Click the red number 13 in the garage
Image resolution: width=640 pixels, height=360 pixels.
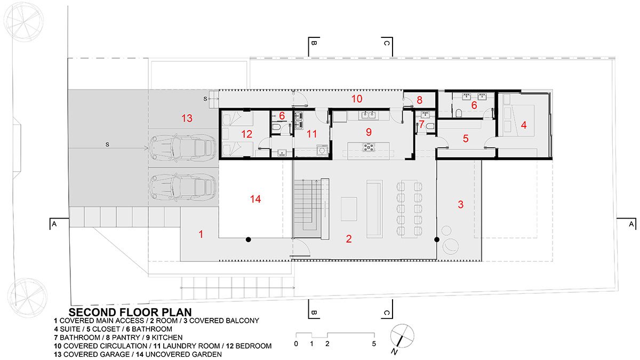[x=187, y=118]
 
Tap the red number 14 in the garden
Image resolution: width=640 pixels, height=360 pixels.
[x=255, y=199]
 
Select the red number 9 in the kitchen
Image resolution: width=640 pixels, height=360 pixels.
[x=369, y=132]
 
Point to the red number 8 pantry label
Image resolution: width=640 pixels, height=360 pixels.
[x=419, y=100]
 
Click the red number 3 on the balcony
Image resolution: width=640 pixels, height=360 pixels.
[x=461, y=204]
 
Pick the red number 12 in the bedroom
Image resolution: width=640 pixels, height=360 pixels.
[x=247, y=134]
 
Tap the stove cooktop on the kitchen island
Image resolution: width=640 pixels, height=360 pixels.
[x=369, y=147]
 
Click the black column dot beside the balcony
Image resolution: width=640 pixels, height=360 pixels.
[x=437, y=239]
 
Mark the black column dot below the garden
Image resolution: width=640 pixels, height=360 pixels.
[x=249, y=239]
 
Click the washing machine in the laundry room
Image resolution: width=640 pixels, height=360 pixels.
[x=322, y=150]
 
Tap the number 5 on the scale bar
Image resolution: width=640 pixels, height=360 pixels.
[x=374, y=343]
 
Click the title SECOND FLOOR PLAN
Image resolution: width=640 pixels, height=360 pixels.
[x=130, y=312]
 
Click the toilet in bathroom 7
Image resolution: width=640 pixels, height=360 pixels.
[x=430, y=126]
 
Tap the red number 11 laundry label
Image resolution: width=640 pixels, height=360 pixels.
[x=311, y=134]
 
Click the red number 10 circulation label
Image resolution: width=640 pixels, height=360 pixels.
[x=357, y=99]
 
